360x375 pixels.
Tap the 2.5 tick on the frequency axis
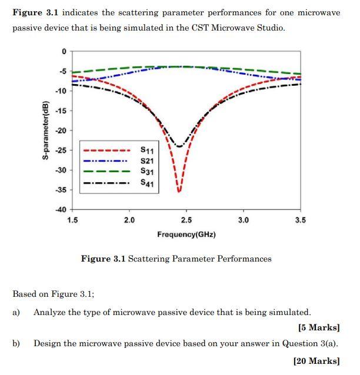point(186,220)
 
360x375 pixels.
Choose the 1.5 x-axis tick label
point(72,220)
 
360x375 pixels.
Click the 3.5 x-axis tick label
point(300,220)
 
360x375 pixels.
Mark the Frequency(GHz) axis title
point(186,235)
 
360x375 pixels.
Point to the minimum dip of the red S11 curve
point(179,191)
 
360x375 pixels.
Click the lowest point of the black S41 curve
point(179,146)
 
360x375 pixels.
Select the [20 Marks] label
point(316,361)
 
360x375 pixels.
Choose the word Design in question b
point(47,344)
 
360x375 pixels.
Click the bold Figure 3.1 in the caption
point(103,259)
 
